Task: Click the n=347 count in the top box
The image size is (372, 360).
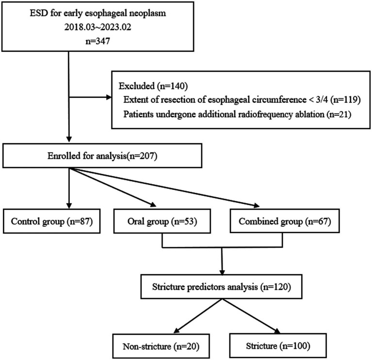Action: (x=98, y=41)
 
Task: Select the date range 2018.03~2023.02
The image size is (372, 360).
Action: (x=98, y=27)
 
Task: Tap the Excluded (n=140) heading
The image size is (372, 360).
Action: (x=153, y=86)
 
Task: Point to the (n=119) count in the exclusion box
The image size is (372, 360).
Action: (x=347, y=100)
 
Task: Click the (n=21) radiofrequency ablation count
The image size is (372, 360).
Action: (x=339, y=114)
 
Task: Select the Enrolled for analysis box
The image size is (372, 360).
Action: (x=102, y=156)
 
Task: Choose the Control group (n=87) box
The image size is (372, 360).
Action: (x=52, y=221)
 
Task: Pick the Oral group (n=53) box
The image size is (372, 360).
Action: (x=162, y=221)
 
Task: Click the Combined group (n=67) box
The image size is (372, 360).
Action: (x=285, y=221)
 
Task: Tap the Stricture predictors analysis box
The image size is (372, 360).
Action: (x=221, y=286)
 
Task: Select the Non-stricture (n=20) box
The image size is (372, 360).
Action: (x=161, y=346)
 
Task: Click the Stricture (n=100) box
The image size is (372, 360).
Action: (x=278, y=345)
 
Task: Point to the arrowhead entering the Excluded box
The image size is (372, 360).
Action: (x=109, y=97)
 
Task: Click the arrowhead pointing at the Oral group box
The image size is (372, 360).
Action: (x=153, y=205)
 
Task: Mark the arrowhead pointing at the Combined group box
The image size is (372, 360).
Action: (x=256, y=205)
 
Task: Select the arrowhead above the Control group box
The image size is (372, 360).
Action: (x=69, y=206)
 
